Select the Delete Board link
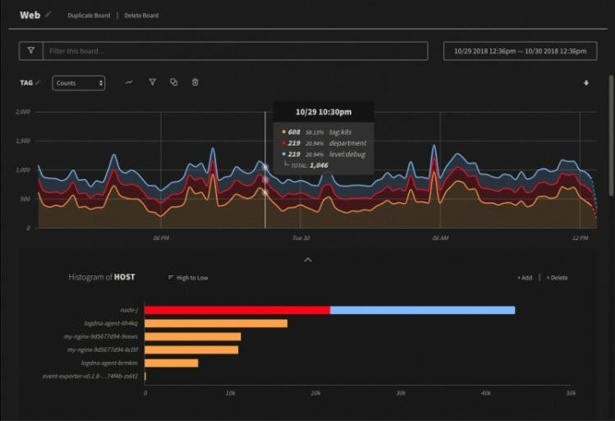(141, 16)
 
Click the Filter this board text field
(235, 51)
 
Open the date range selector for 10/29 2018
(521, 51)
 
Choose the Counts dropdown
(79, 83)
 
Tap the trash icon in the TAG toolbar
(195, 82)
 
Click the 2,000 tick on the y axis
(23, 112)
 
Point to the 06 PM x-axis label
(161, 238)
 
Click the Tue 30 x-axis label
(301, 238)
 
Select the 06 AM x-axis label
(440, 238)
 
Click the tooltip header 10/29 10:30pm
(324, 112)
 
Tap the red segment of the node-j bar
(237, 310)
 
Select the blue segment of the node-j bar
(422, 310)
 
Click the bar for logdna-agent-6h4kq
(216, 323)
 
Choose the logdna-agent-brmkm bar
(172, 363)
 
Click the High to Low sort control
(188, 278)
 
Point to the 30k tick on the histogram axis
(401, 394)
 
